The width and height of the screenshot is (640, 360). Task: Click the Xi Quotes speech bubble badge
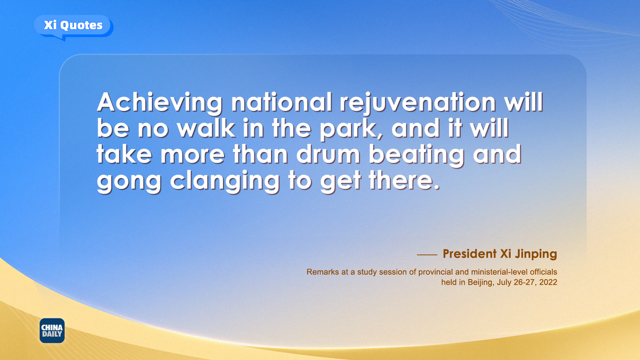pos(74,27)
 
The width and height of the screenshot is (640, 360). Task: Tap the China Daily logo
pos(52,331)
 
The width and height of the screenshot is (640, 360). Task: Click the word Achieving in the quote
pos(159,103)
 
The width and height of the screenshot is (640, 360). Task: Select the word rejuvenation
pos(418,103)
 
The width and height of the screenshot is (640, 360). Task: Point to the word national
pos(282,102)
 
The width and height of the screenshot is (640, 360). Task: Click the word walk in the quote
pos(206,128)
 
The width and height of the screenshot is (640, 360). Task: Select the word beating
pos(417,156)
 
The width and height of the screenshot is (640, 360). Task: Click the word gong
pos(129,183)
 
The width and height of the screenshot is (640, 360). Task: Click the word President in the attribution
pos(470,254)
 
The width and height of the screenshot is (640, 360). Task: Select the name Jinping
pos(537,254)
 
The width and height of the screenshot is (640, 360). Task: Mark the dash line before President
pos(427,254)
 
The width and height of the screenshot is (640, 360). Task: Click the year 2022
pos(548,282)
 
